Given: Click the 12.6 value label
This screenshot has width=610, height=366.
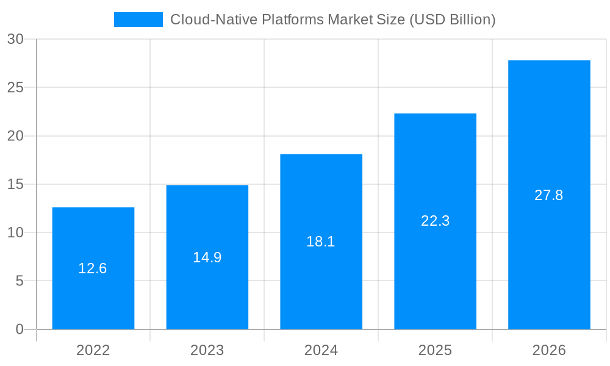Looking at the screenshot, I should (93, 268).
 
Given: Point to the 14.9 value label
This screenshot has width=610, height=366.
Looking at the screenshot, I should (207, 257).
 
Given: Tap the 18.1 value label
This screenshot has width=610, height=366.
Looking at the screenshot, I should (321, 242).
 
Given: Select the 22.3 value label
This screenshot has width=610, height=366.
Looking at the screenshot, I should (435, 221).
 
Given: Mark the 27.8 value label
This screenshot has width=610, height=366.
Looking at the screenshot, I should (549, 195).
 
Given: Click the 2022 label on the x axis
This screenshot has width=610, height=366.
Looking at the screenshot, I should (93, 350).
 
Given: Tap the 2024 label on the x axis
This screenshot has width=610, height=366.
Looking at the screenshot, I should (321, 350).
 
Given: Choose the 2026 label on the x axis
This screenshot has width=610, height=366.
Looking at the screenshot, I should (549, 350).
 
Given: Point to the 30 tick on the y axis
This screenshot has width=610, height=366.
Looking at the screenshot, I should (15, 39).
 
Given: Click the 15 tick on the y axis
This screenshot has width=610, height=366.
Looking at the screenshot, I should (15, 184).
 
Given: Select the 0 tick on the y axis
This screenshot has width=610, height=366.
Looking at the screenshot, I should (19, 329).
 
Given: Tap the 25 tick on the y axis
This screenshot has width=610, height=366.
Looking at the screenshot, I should (15, 87).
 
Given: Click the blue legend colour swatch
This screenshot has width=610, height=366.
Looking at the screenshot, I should (138, 20).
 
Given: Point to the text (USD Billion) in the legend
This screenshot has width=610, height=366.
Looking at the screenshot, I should (452, 20).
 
